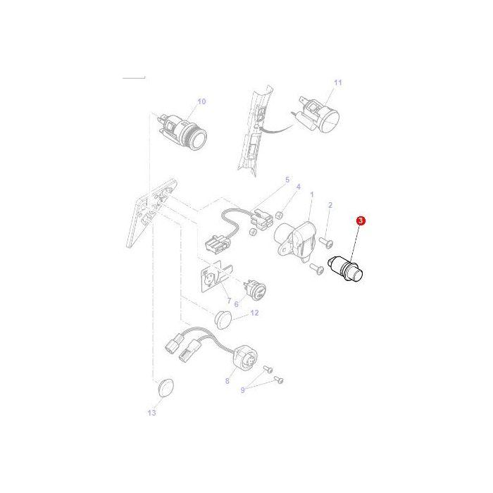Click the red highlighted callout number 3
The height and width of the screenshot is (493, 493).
(x=361, y=221)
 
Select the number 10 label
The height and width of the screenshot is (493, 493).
(x=202, y=101)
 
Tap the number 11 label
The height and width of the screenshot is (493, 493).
(x=337, y=83)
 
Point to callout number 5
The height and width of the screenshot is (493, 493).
(x=287, y=180)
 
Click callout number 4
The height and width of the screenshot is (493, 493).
(x=298, y=187)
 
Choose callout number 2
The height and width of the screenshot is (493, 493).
(x=330, y=205)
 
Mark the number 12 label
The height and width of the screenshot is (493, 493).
(x=254, y=312)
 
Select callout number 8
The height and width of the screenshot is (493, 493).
(x=227, y=381)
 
